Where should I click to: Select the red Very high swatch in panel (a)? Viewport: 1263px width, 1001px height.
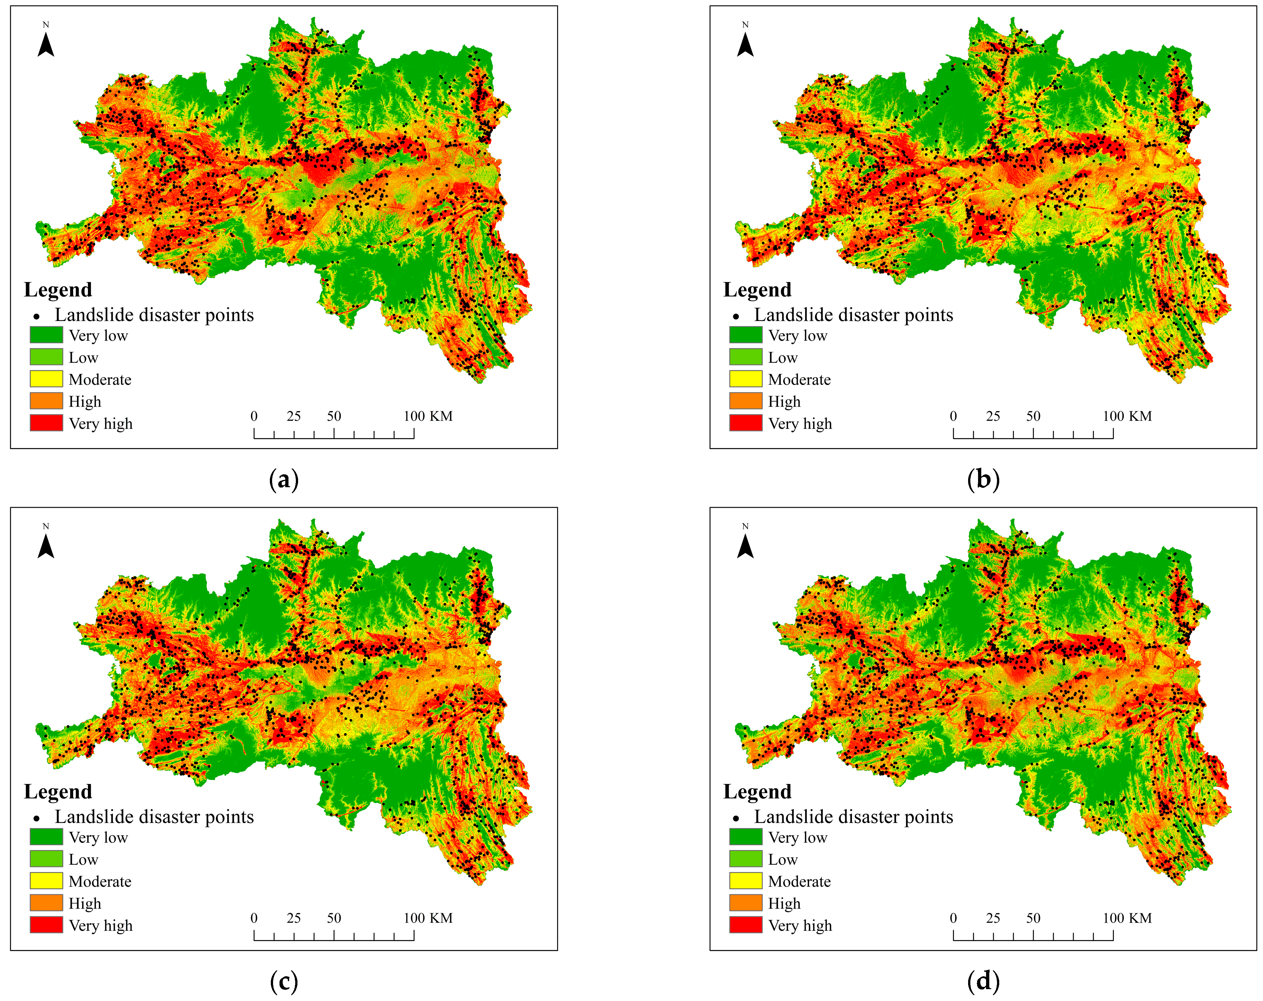pos(46,423)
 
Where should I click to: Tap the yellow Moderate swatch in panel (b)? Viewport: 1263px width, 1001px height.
pos(746,379)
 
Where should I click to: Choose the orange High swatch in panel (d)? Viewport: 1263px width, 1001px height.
pos(746,902)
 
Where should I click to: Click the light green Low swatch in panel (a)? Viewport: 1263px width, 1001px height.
pos(46,356)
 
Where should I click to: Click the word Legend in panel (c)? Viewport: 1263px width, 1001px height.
pos(58,791)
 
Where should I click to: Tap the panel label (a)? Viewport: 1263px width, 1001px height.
pos(284,479)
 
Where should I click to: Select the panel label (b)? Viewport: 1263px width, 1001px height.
pos(984,479)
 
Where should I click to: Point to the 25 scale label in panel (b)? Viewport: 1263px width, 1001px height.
pos(993,416)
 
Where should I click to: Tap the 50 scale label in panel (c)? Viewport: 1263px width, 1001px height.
pos(334,918)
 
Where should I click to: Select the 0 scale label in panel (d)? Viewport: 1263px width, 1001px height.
pos(953,918)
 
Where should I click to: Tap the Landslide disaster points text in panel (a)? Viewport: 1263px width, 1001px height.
pos(154,315)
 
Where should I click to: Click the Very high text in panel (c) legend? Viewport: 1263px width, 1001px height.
pos(101,925)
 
